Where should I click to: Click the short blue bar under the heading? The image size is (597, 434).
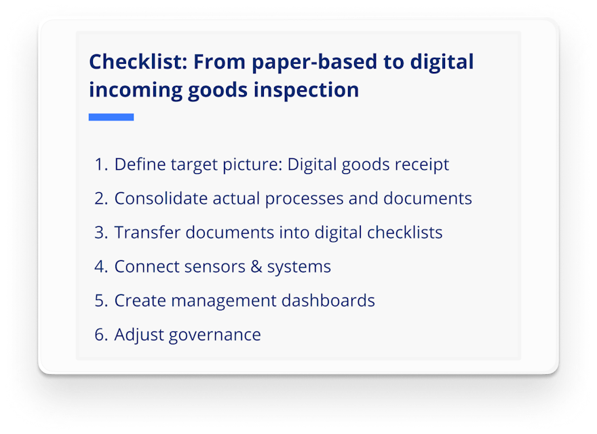point(111,117)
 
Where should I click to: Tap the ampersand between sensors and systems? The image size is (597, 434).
point(256,266)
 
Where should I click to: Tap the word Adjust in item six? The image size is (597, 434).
point(136,335)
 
